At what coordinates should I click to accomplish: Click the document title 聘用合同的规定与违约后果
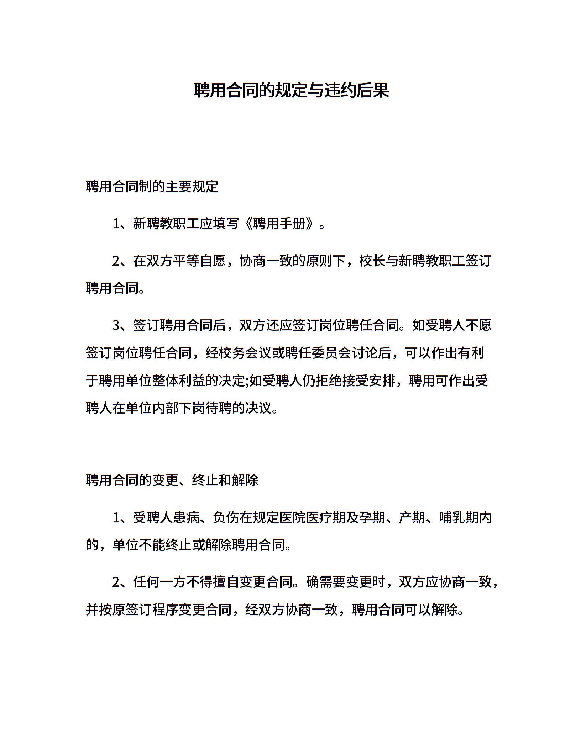pos(291,91)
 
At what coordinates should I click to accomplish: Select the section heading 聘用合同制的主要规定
pos(152,186)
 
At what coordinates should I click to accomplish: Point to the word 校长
pos(372,261)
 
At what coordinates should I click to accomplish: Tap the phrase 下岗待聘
pos(206,408)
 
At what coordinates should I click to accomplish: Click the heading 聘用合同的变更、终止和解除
pos(172,480)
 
